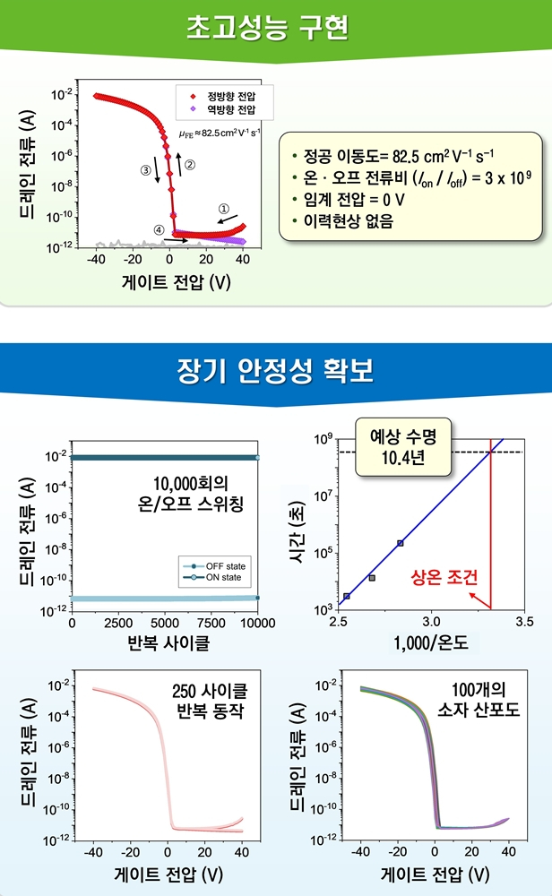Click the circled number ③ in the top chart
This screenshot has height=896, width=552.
tap(146, 168)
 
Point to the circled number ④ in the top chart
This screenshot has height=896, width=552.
tap(159, 229)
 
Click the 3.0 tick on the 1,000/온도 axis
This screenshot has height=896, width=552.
tap(432, 622)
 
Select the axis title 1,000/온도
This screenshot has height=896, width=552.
tap(428, 642)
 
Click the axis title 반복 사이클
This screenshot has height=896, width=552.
tap(164, 642)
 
